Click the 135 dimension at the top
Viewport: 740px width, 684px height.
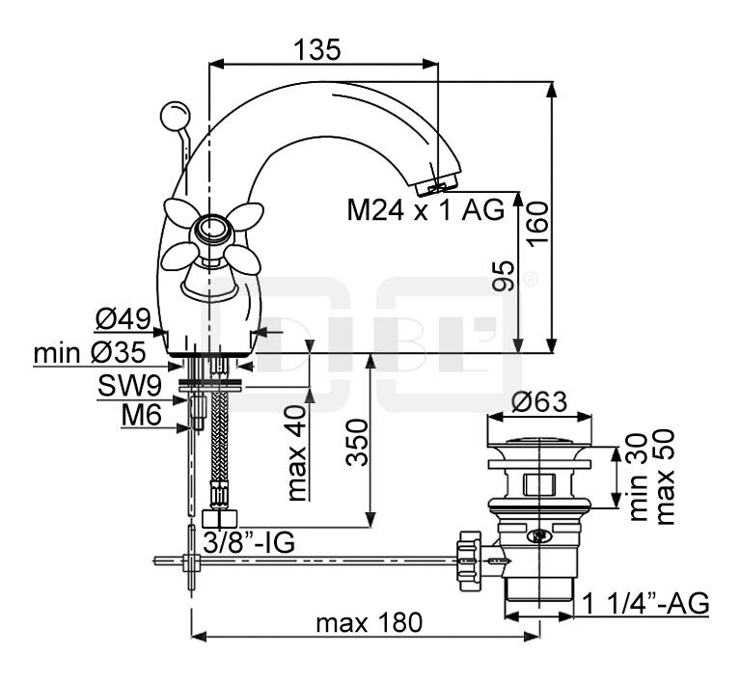point(318,49)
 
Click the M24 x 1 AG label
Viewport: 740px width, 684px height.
point(425,210)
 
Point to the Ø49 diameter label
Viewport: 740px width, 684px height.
point(124,318)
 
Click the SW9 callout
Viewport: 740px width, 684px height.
point(128,387)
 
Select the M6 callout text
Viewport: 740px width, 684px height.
point(141,418)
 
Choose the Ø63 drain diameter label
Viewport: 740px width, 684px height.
point(538,402)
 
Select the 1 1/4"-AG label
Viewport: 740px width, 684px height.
point(646,605)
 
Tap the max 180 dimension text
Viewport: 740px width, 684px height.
point(369,623)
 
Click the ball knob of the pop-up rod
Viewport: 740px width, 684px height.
point(174,115)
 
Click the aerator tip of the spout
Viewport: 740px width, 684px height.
point(443,184)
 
